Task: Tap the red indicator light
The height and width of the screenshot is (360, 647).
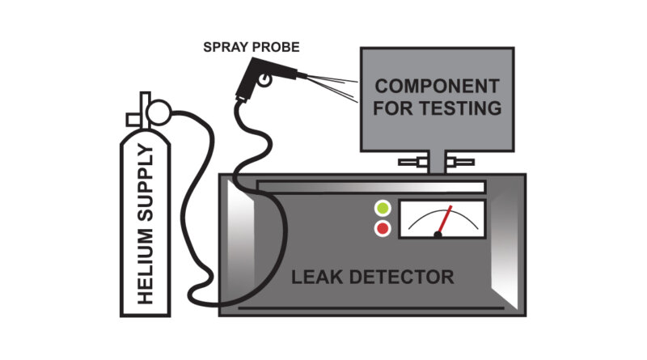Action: click(x=382, y=229)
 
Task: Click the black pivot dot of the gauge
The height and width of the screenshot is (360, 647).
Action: click(x=438, y=235)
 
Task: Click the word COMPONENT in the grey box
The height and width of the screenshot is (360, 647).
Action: click(x=438, y=86)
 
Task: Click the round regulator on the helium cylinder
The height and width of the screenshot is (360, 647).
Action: click(x=160, y=108)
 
